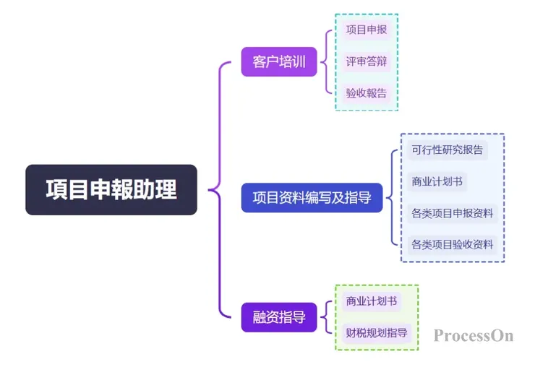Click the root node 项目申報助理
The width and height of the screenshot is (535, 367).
[x=111, y=190]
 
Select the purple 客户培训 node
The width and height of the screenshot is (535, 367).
[x=279, y=62]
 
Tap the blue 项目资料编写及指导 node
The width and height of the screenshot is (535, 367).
[x=312, y=197]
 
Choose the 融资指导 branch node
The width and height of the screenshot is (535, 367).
[x=279, y=316]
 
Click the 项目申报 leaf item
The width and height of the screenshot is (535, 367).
[x=366, y=30]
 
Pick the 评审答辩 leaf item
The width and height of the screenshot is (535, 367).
[x=366, y=61]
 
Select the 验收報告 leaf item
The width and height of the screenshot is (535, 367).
[x=366, y=93]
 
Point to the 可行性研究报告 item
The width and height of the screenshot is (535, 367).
[x=447, y=150]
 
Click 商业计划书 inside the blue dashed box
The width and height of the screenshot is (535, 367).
[x=437, y=181]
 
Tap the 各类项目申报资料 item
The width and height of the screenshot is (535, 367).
[x=452, y=213]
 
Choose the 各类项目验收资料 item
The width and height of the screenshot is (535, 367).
[x=452, y=244]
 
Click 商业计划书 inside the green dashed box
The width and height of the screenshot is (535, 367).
[x=372, y=301]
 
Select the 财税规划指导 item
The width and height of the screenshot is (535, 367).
[x=376, y=333]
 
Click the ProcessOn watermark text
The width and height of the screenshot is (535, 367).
[x=474, y=335]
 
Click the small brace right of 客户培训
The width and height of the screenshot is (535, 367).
[x=327, y=62]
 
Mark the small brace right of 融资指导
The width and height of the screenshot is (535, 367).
[x=327, y=316]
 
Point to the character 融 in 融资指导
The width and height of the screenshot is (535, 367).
[x=260, y=316]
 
